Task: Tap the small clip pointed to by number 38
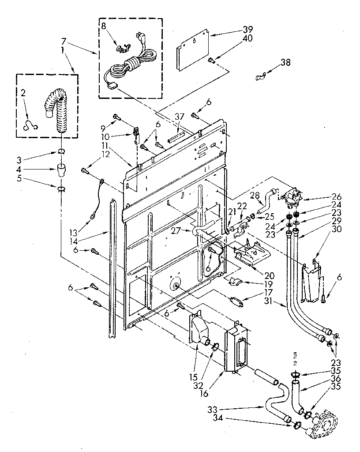[x=260, y=77]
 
